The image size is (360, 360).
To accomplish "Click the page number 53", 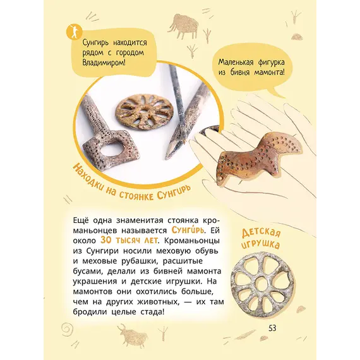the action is [x=272, y=328].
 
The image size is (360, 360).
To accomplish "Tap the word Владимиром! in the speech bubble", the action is [x=104, y=63].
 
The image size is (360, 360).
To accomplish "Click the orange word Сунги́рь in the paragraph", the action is [x=188, y=230].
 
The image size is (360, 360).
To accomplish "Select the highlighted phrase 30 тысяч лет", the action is [x=129, y=241].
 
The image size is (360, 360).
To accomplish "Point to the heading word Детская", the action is [x=261, y=233].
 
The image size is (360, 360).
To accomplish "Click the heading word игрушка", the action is [x=260, y=244].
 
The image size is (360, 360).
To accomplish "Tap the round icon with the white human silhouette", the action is [x=74, y=32].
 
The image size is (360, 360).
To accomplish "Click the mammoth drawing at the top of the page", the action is [x=183, y=26].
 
